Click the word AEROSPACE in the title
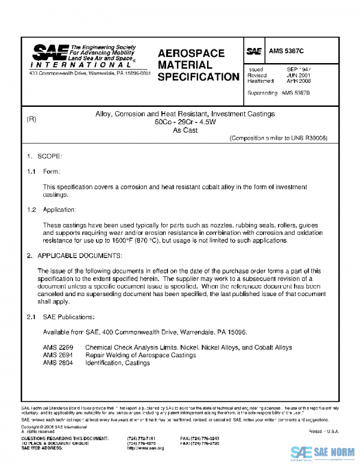191,53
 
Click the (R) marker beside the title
32,120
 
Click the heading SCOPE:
50,156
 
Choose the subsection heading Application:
59,210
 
